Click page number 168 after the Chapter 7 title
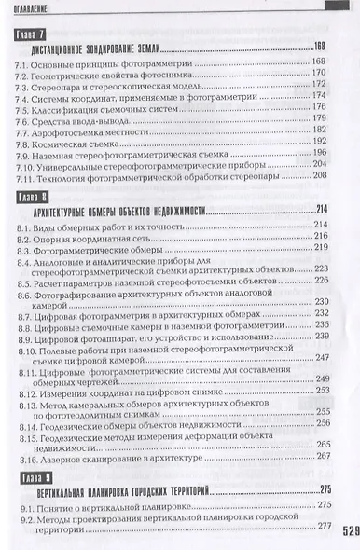[322, 47]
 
